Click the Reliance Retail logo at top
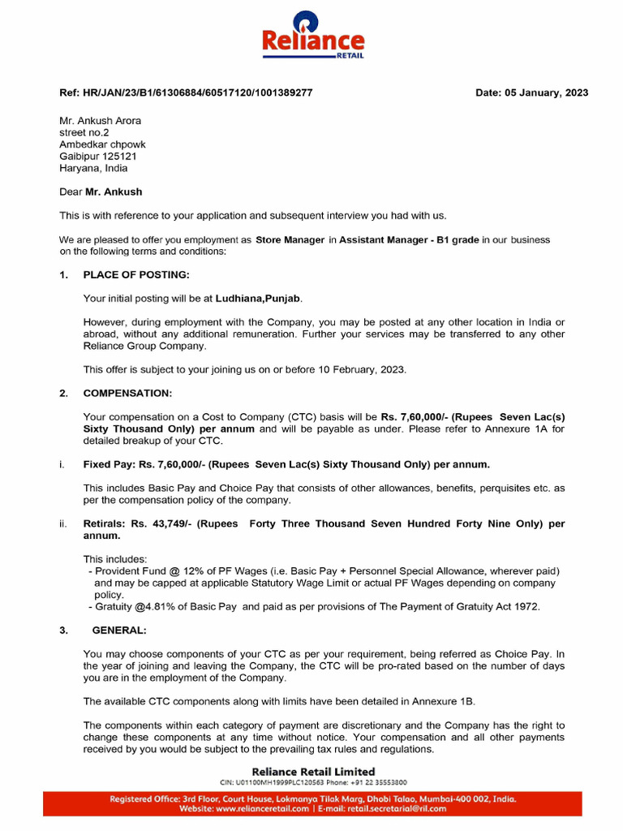click(x=312, y=36)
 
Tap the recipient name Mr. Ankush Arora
click(x=100, y=121)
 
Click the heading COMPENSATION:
click(x=127, y=393)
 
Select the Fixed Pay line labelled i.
click(x=286, y=464)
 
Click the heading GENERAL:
click(x=119, y=630)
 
